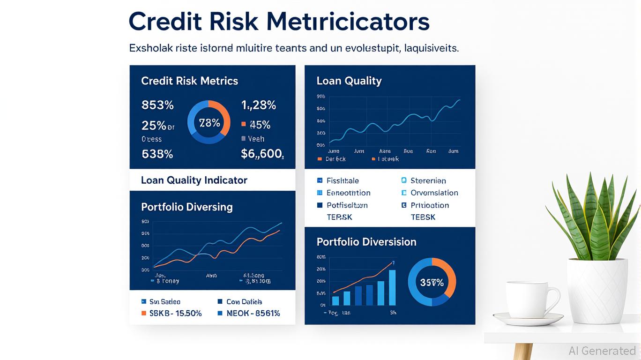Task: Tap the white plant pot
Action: pos(597,291)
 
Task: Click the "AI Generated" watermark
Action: pos(602,351)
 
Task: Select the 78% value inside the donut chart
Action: pos(209,123)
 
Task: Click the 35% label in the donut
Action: pos(432,283)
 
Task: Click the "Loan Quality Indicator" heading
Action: pos(194,180)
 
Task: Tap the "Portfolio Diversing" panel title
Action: pos(186,207)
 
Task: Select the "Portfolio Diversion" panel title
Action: pos(366,242)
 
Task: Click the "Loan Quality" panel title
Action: pos(349,81)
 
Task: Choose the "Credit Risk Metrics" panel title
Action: pos(189,81)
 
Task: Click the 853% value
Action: pos(157,105)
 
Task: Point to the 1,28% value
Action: pos(258,105)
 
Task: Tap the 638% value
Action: pos(157,154)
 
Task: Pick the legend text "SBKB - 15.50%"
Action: pos(175,314)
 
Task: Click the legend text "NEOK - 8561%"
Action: pos(253,314)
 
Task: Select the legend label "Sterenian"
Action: pos(428,180)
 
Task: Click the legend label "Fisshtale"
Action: pos(343,180)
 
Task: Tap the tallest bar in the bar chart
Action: pos(392,288)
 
